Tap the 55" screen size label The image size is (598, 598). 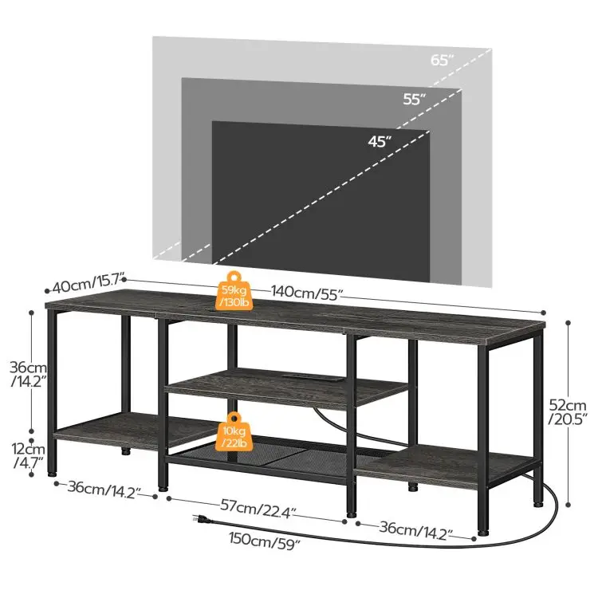coord(414,100)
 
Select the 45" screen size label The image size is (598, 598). coord(380,142)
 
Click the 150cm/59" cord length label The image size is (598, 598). coord(262,545)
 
